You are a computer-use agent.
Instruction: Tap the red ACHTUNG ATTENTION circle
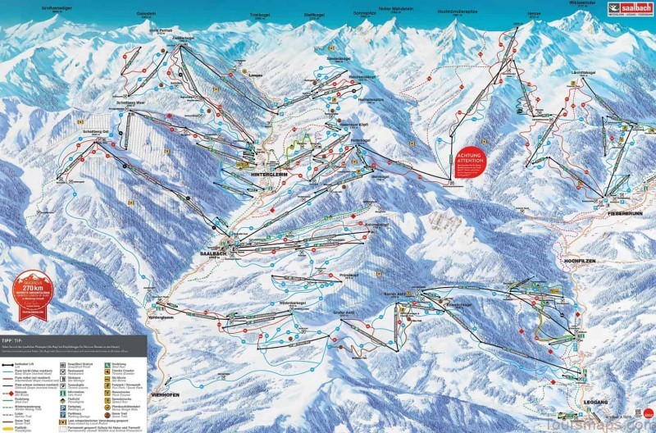tap(471, 162)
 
